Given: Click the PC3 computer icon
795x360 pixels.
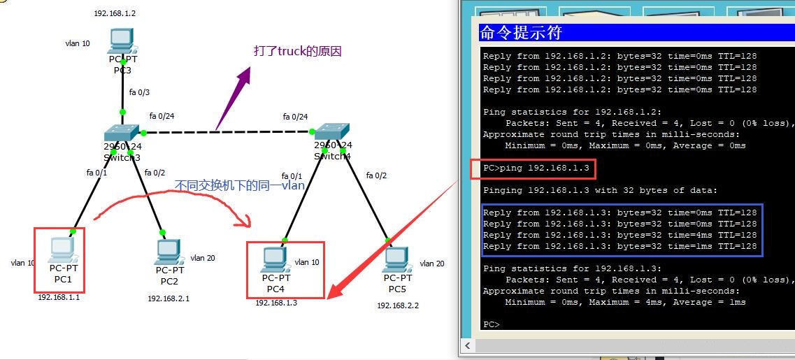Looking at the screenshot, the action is pos(122,42).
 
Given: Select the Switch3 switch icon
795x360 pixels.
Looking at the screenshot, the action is pos(122,133).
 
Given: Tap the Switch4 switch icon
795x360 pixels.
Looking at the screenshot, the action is pos(332,133).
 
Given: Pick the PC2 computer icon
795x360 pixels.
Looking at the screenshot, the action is pos(169,252).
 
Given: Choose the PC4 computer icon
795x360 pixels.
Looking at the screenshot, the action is pos(275,259).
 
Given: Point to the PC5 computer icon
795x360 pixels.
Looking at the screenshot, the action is pos(396,259).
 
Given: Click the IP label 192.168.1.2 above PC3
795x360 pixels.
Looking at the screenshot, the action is pos(115,13).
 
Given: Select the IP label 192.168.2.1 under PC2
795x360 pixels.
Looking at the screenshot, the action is pos(168,298).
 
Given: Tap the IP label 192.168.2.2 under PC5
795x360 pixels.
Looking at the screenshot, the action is pos(398,305).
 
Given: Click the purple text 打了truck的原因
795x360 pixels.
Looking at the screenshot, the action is pos(297,52).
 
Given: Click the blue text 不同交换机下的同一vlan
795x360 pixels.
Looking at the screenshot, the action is pos(239,185).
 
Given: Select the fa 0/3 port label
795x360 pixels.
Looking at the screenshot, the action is pos(139,92).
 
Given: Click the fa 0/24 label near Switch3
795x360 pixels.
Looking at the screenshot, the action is pos(162,116).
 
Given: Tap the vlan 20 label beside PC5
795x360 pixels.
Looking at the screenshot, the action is pos(431,264).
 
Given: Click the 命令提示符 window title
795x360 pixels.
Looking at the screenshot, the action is pos(521,33).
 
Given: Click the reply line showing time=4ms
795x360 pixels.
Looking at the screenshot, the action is pos(619,236).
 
